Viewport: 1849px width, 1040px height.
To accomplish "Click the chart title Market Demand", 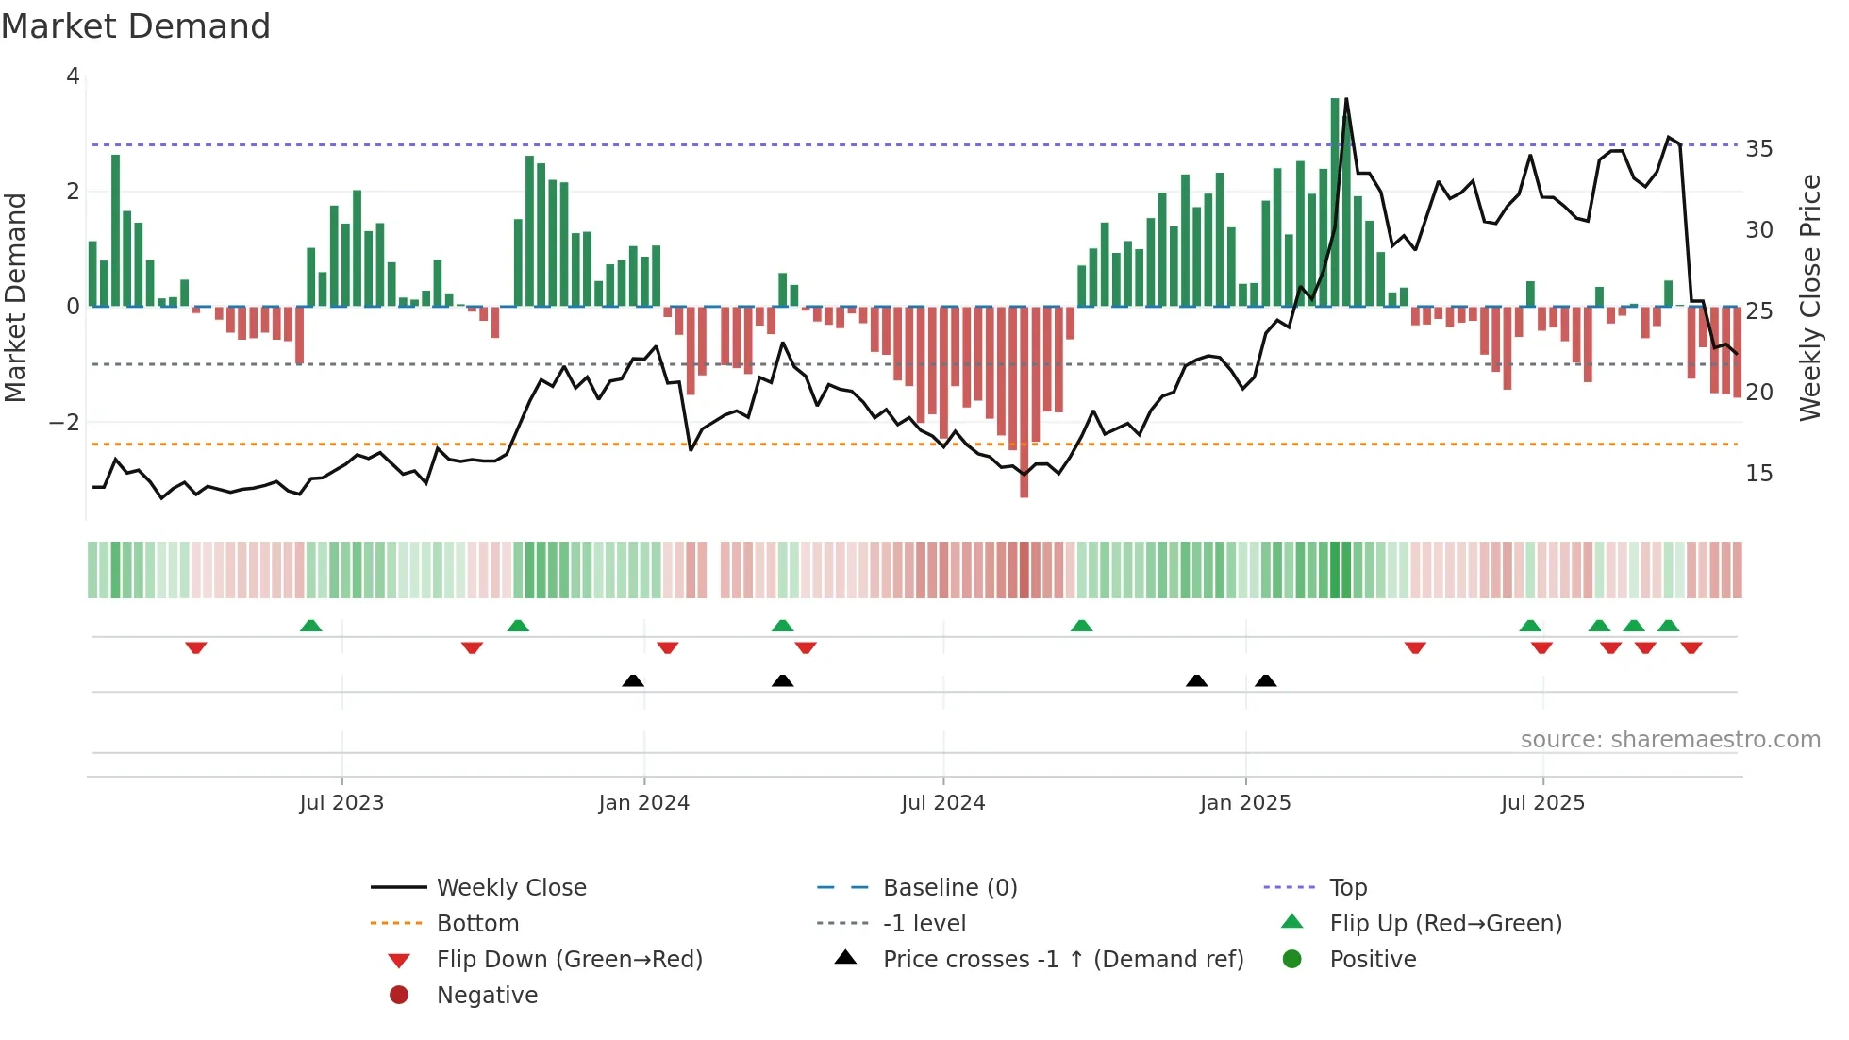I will pyautogui.click(x=136, y=26).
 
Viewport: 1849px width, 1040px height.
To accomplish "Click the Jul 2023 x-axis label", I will pyautogui.click(x=341, y=803).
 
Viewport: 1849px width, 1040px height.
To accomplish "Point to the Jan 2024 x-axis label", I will pyautogui.click(x=644, y=803).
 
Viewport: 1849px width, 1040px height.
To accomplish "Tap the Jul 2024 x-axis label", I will pyautogui.click(x=943, y=803).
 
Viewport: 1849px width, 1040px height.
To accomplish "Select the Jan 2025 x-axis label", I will pyautogui.click(x=1245, y=803).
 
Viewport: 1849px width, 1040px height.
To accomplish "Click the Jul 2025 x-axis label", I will pyautogui.click(x=1543, y=803).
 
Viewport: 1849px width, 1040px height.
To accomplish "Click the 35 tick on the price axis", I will pyautogui.click(x=1759, y=149).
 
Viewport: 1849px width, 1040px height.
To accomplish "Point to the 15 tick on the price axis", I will pyautogui.click(x=1759, y=474).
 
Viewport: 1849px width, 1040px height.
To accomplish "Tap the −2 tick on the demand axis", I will pyautogui.click(x=65, y=422).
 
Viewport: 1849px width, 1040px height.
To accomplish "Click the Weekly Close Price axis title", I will pyautogui.click(x=1810, y=297).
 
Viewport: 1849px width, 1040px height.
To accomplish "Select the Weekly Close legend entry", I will pyautogui.click(x=511, y=888).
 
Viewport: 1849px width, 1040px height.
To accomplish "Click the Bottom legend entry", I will pyautogui.click(x=477, y=924).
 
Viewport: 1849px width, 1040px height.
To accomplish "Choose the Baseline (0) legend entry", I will pyautogui.click(x=950, y=888).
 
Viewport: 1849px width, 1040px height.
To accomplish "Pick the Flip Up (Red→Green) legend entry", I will pyautogui.click(x=1445, y=924).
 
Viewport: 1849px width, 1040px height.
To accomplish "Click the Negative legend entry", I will pyautogui.click(x=487, y=996).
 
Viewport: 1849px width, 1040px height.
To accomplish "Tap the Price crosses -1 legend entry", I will pyautogui.click(x=1063, y=960).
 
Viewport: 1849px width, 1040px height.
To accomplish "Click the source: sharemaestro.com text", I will pyautogui.click(x=1670, y=740).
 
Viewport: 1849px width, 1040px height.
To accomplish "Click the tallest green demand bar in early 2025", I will pyautogui.click(x=1335, y=203).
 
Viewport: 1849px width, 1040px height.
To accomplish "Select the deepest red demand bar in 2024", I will pyautogui.click(x=1024, y=401).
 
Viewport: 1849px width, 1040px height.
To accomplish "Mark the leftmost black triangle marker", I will pyautogui.click(x=633, y=680).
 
